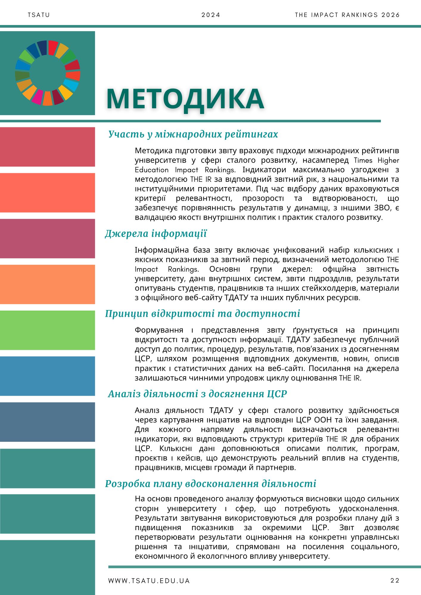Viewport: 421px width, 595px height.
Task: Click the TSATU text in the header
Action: click(x=39, y=15)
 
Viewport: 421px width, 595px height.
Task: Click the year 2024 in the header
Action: click(x=211, y=15)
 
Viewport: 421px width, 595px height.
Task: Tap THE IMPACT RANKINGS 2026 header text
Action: click(x=347, y=15)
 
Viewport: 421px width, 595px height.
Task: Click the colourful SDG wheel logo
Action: click(x=48, y=73)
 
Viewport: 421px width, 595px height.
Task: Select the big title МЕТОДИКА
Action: click(x=185, y=99)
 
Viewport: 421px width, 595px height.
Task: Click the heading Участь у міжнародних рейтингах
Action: click(x=193, y=134)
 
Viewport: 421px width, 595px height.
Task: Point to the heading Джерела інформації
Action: click(x=156, y=234)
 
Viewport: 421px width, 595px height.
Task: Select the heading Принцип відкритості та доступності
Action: click(x=202, y=314)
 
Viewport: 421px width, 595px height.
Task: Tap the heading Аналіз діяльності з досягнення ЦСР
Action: click(x=197, y=394)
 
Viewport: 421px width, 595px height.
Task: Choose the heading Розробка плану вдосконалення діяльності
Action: click(x=210, y=484)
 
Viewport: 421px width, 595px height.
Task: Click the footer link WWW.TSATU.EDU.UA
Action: click(x=149, y=581)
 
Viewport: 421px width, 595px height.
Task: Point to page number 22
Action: click(x=395, y=580)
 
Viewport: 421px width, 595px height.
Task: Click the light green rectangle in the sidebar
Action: click(x=48, y=330)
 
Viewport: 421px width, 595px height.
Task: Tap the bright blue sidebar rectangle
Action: click(x=48, y=376)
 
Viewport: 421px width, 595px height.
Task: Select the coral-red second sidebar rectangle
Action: click(x=48, y=193)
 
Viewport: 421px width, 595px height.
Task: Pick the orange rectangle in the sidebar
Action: click(x=48, y=284)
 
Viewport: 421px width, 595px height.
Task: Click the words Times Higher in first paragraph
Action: click(x=376, y=160)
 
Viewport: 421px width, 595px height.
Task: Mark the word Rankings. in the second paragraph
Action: click(x=183, y=269)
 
